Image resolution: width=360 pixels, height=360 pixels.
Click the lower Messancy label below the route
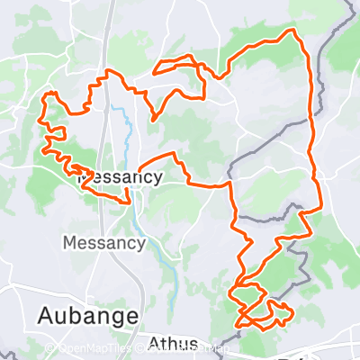point(103,243)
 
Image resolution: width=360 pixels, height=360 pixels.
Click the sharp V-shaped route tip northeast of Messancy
point(153,120)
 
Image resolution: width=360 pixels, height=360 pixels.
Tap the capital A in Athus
point(152,342)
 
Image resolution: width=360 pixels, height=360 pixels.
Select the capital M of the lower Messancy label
point(69,243)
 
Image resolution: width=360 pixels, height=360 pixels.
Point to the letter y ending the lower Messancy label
point(139,245)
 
